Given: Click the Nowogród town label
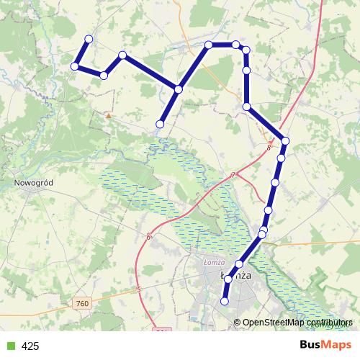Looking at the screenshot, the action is pos(34,183).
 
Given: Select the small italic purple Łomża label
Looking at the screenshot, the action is pos(215,262).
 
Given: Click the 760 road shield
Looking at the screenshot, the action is pos(81,305).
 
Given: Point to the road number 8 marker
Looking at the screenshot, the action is pos(269,148).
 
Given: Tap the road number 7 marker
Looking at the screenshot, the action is pos(233,176).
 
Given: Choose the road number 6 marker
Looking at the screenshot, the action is pos(148,237).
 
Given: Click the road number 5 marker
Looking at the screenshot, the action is pos(137,290).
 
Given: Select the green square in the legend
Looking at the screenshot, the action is pos(10,346).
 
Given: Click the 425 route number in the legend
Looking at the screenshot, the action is pos(30,346).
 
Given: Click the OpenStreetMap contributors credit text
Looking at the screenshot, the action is pos(295,323).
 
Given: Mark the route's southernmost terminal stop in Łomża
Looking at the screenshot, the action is pos(225,302).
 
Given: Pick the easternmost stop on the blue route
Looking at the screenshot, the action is pos(285,141).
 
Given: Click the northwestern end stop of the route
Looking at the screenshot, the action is pos(89,39).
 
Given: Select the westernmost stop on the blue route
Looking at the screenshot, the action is pos(74,66).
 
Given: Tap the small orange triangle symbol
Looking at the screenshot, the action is pos(109,114).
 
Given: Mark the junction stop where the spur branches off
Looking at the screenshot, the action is pos(178,89).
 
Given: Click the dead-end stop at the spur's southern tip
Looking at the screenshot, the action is pos(160,125).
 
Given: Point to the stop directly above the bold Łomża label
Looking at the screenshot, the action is pos(239,264).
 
